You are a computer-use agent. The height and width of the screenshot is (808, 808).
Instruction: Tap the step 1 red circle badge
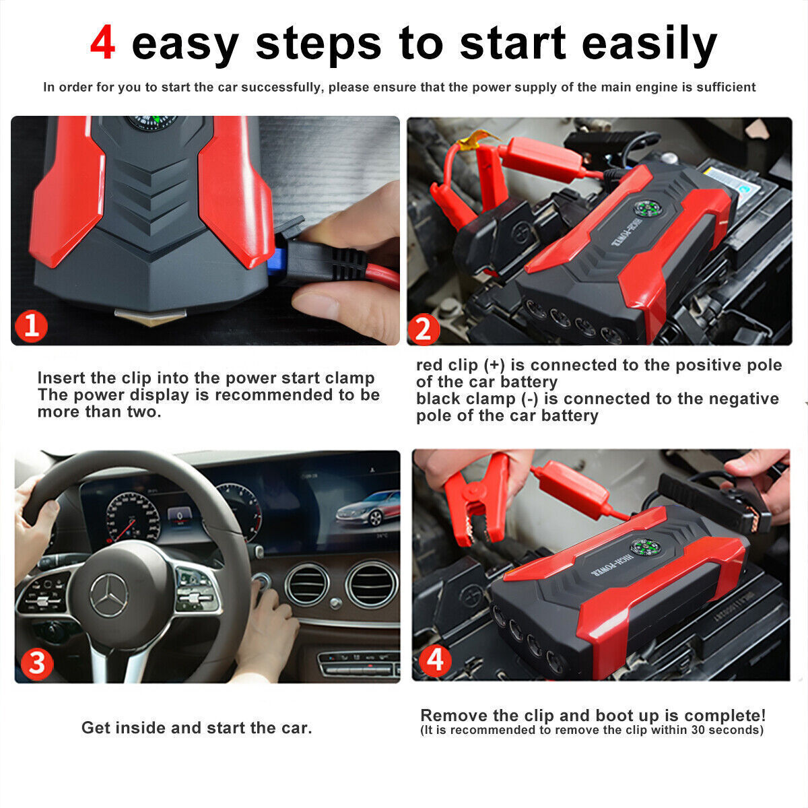31,326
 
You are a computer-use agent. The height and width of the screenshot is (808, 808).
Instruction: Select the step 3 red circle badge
36,663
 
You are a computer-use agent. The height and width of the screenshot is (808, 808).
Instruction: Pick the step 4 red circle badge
435,661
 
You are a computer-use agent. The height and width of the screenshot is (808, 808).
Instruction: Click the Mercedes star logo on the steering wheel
109,595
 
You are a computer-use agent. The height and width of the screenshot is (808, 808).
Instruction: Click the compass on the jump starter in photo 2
648,207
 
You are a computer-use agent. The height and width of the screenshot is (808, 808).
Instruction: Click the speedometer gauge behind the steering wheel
133,518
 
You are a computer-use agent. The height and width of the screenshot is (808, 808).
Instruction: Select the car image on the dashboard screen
368,509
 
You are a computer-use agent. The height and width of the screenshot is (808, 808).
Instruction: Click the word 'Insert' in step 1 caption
61,378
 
